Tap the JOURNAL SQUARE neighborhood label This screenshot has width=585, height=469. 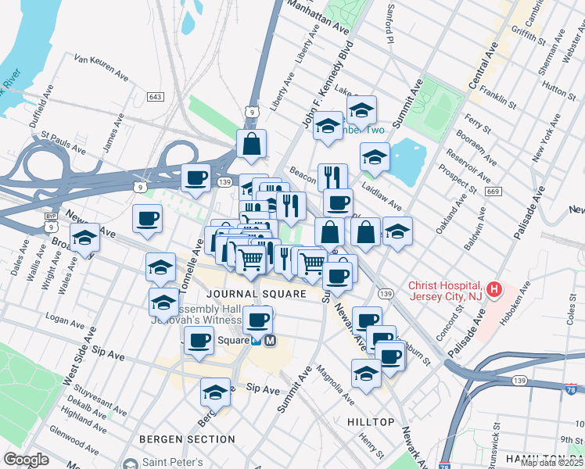256,294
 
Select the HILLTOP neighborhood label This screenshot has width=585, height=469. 370,422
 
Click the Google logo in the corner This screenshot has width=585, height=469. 26,460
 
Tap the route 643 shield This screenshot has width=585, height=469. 155,96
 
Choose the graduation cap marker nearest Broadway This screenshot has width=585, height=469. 84,239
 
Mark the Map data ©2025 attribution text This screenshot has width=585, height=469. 551,463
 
